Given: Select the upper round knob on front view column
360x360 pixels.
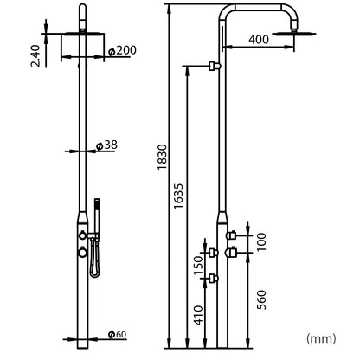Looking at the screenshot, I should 80,235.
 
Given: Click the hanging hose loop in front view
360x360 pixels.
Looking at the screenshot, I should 93,260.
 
